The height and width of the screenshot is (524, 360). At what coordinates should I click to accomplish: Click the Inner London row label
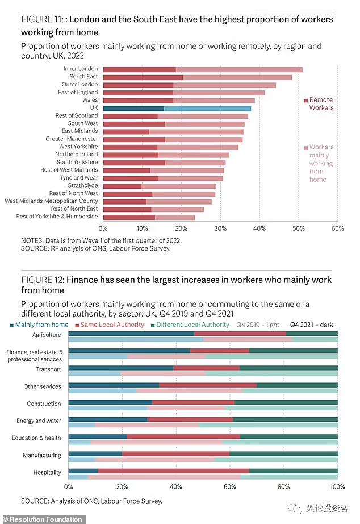(81, 69)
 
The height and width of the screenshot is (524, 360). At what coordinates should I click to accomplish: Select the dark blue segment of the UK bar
(133, 108)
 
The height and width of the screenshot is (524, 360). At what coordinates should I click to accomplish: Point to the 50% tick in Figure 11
(298, 228)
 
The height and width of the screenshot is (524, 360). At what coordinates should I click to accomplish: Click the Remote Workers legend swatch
(305, 100)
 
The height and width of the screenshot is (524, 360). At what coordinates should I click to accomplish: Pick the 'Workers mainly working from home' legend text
(321, 163)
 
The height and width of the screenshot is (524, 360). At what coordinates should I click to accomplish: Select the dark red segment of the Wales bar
(138, 100)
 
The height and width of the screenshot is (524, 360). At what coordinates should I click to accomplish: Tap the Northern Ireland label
(76, 155)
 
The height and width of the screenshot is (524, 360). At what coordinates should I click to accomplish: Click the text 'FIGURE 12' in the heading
(42, 280)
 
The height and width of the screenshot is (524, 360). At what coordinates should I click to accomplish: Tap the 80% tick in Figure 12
(284, 487)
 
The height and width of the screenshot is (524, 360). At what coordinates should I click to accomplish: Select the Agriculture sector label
(46, 335)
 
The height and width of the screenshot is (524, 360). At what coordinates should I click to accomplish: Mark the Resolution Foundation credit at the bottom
(43, 519)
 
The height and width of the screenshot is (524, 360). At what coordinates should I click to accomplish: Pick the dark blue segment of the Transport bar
(120, 368)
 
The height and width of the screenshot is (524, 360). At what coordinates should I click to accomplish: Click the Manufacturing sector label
(42, 455)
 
